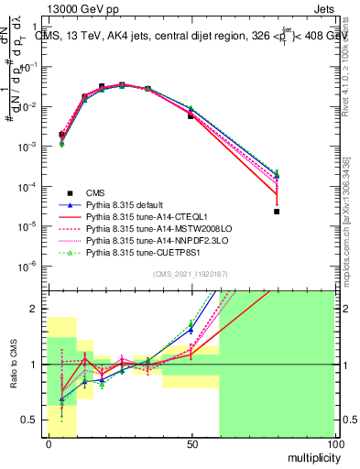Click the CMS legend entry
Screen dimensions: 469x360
pyautogui.click(x=96, y=193)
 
